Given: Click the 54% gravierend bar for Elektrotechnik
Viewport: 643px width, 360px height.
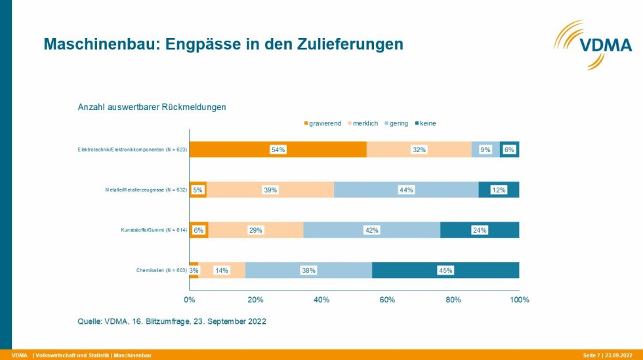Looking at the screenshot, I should [x=278, y=150].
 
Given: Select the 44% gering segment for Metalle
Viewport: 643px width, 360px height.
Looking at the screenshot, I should [x=406, y=190].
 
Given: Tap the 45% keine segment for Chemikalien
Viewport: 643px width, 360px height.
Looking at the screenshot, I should [x=446, y=270].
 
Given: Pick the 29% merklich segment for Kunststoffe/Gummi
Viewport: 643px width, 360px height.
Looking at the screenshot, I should [x=256, y=230].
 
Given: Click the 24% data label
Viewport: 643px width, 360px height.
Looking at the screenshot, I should [x=480, y=230].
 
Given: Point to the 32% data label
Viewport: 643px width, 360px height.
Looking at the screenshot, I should [x=419, y=150].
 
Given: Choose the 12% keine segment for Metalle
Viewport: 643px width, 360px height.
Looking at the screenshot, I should [x=499, y=190].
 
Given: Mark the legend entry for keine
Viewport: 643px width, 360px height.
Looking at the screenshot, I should [x=428, y=123].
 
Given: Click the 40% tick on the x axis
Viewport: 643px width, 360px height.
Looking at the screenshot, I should [x=321, y=300].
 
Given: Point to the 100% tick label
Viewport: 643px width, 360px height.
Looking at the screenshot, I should [x=519, y=300].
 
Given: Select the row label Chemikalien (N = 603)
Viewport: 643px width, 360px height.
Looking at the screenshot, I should [x=157, y=270].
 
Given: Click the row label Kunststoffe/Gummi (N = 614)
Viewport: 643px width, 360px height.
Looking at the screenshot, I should [x=151, y=230].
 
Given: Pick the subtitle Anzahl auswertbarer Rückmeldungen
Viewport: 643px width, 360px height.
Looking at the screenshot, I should [x=152, y=107].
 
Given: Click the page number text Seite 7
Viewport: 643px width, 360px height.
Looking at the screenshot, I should [x=591, y=355].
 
